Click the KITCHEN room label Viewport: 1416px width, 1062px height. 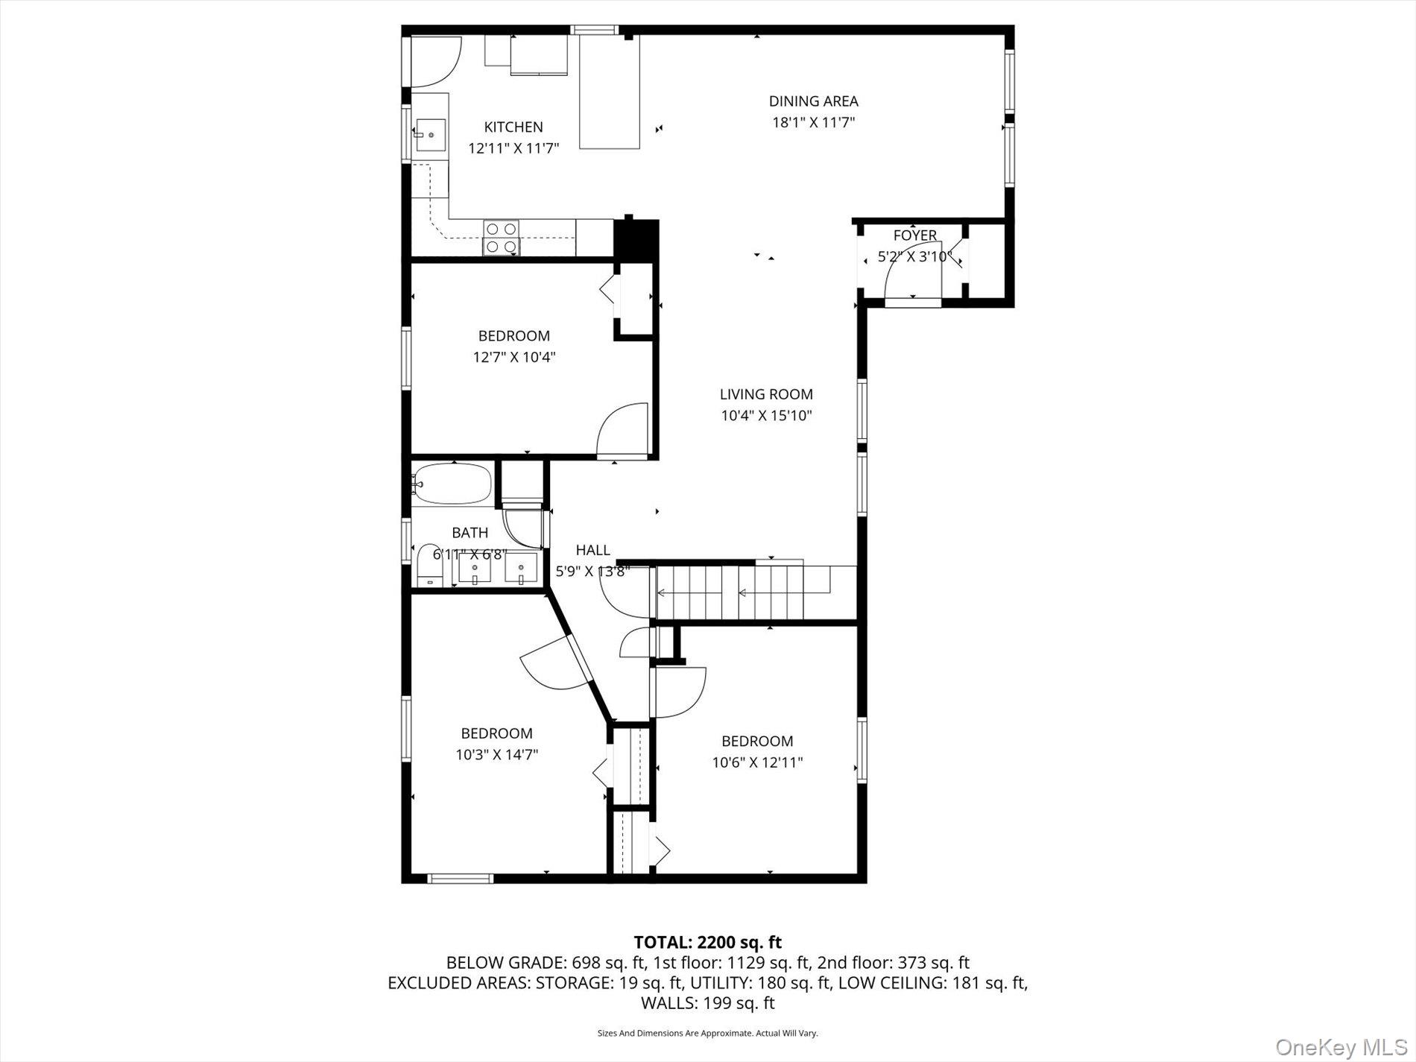click(x=513, y=127)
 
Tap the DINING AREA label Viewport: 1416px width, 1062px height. click(x=813, y=101)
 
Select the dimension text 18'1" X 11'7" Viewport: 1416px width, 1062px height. click(x=812, y=122)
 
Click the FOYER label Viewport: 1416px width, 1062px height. click(x=914, y=236)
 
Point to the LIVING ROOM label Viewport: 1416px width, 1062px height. click(x=765, y=394)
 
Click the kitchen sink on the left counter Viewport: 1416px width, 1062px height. click(x=430, y=135)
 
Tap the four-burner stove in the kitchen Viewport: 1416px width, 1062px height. click(x=501, y=237)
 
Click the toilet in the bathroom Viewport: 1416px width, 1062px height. click(x=429, y=566)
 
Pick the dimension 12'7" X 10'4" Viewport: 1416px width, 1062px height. click(x=513, y=357)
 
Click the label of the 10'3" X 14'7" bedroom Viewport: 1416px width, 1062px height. click(x=496, y=733)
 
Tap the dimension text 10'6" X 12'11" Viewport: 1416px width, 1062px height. click(x=757, y=762)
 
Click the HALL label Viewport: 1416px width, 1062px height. click(x=592, y=550)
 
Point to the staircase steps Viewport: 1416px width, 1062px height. click(x=753, y=592)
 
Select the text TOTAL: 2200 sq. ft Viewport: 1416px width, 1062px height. click(x=707, y=942)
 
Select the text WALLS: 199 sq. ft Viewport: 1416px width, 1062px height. click(x=707, y=1003)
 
